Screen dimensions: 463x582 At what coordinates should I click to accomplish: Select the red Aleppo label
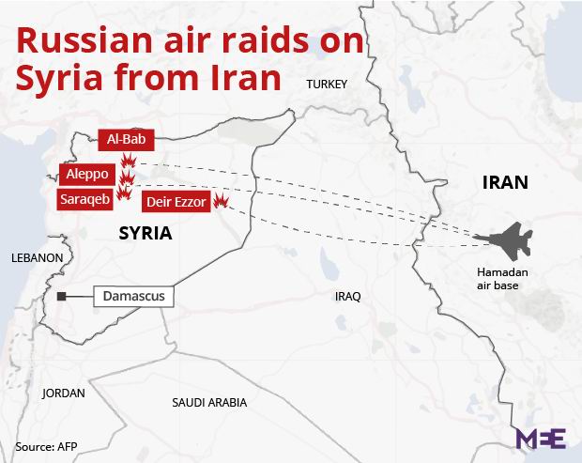(87, 175)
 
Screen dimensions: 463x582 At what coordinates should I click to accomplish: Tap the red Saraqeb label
(84, 199)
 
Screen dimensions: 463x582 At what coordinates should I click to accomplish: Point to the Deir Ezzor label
(176, 202)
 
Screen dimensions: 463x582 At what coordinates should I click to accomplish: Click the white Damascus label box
(132, 297)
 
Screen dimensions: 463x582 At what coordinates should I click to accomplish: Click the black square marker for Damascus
(61, 298)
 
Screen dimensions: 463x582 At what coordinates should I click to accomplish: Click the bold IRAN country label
(505, 182)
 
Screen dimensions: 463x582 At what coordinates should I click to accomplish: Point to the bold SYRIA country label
(145, 233)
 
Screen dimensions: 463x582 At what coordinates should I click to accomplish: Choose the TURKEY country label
(327, 85)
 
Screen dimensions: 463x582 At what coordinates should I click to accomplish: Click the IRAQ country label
(347, 297)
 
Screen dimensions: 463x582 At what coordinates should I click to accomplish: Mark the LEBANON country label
(37, 257)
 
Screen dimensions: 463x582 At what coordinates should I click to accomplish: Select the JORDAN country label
(63, 394)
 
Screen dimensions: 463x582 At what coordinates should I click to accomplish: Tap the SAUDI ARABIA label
(209, 402)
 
